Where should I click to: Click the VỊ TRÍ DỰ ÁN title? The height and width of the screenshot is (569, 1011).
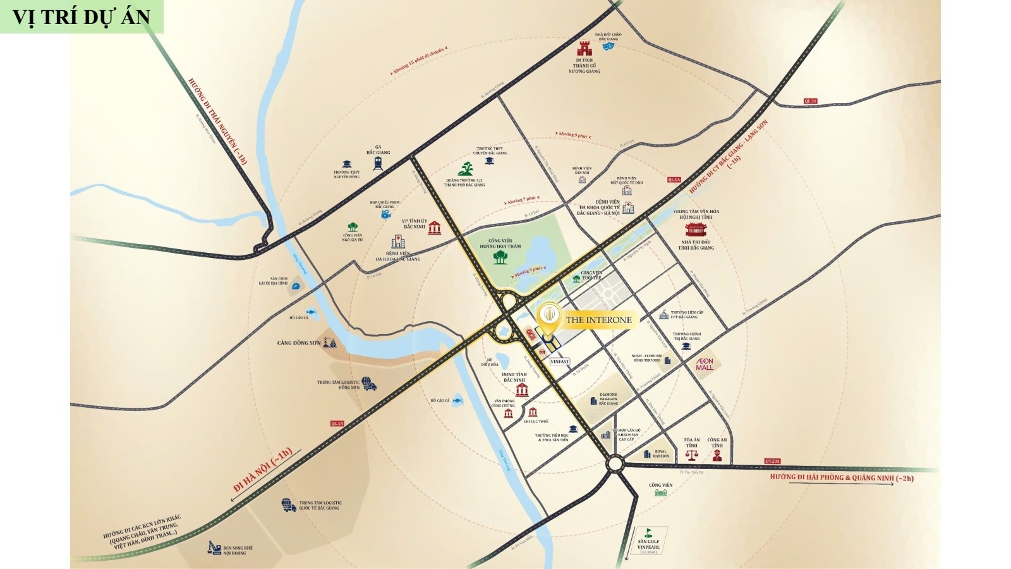[82, 16]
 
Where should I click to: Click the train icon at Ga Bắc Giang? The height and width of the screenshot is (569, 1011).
[378, 163]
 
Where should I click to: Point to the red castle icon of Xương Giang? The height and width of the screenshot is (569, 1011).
[583, 48]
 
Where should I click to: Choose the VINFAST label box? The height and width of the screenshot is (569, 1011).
[560, 362]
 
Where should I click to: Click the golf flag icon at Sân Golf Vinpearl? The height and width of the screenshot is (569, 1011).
[647, 532]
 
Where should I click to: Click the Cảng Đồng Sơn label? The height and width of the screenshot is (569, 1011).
[299, 343]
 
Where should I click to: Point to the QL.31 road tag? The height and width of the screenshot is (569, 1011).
[810, 101]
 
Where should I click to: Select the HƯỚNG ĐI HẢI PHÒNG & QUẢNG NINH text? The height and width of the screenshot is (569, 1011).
[842, 478]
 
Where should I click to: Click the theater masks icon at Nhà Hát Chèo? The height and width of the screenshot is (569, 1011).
[608, 46]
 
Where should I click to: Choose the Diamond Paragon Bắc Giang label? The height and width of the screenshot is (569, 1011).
[608, 399]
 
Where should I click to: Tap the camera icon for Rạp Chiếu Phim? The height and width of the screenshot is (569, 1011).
[385, 215]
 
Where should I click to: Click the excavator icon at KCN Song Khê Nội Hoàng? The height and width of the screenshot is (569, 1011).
[214, 547]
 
